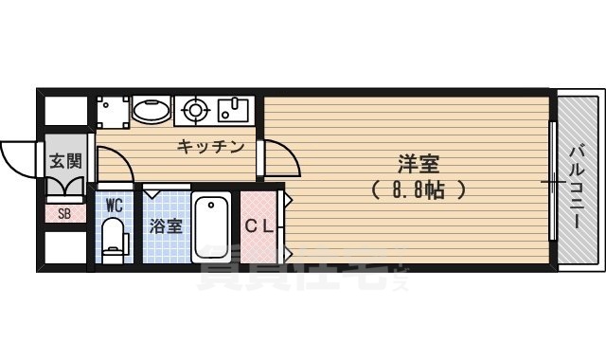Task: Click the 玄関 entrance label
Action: tap(64, 160)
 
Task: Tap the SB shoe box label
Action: tap(64, 213)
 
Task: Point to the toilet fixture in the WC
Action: tap(114, 237)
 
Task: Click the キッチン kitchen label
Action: tap(211, 147)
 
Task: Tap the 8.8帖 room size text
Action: tap(418, 189)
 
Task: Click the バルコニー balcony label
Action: tap(577, 186)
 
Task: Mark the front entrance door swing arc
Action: tap(19, 156)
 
